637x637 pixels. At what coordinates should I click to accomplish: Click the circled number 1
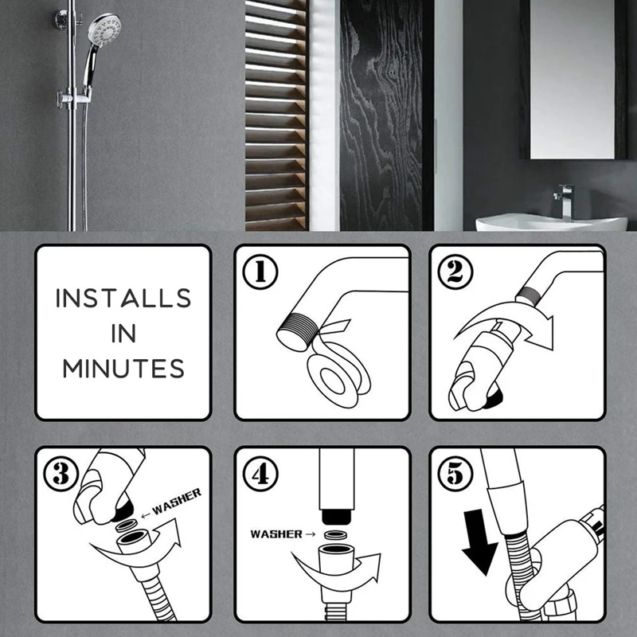point(260,272)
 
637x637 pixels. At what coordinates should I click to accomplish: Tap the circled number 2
point(455,272)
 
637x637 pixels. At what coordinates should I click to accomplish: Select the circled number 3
point(61,474)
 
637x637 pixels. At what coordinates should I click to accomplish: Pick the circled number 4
point(260,474)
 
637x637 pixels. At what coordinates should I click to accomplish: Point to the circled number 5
point(455,474)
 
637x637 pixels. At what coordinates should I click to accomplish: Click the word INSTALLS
point(123,298)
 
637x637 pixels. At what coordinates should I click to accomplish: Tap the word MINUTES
point(123,369)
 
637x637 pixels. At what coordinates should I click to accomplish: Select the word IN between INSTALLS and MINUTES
point(123,334)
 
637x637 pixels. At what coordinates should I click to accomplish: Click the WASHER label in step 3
point(176,501)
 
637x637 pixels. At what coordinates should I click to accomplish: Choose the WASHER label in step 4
point(276,533)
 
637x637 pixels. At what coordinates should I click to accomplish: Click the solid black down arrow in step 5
point(479,542)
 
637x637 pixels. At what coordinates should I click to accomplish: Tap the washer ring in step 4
point(335,534)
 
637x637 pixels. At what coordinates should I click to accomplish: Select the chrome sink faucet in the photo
point(564,202)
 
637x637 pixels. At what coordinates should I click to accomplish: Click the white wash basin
point(551,223)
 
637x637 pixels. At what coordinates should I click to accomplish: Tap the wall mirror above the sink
point(572,79)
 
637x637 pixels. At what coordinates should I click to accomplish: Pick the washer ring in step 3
point(127,526)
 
